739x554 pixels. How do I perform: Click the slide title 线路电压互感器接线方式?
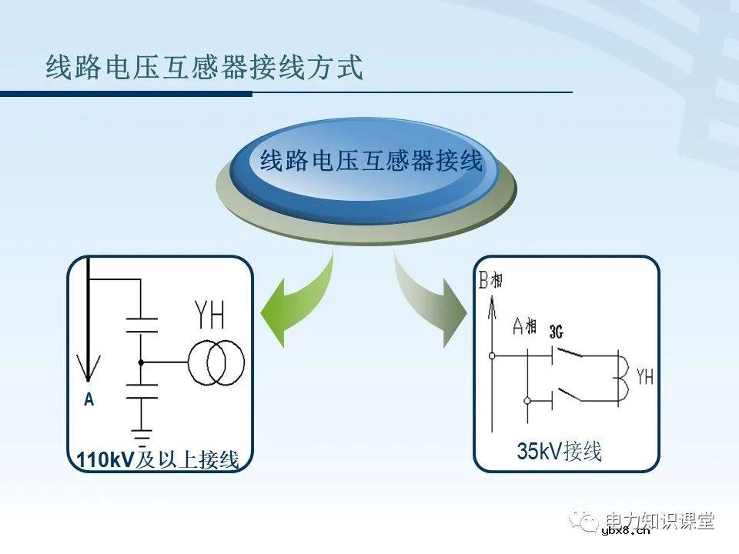pos(204,68)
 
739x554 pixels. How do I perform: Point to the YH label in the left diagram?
pos(209,315)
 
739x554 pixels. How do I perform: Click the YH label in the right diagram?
pos(644,377)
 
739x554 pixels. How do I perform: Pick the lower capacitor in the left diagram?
pos(141,391)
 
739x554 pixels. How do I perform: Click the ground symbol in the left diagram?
pos(141,437)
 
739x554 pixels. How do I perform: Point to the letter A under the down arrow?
pos(89,400)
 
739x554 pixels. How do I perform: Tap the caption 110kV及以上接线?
pos(158,460)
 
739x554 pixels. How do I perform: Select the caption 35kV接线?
pos(560,452)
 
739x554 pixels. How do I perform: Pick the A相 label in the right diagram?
pos(524,326)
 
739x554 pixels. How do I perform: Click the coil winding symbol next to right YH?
pos(625,378)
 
